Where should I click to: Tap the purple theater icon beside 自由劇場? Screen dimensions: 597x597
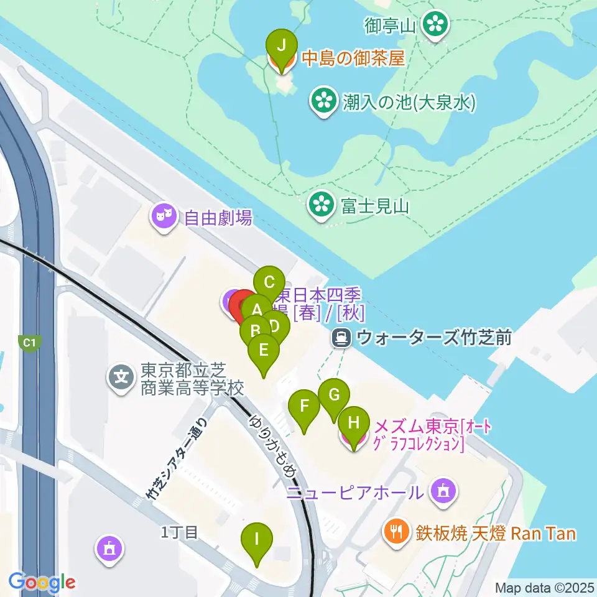pyautogui.click(x=164, y=217)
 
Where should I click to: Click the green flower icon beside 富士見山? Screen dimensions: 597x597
pyautogui.click(x=322, y=205)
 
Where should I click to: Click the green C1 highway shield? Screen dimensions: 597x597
pyautogui.click(x=28, y=342)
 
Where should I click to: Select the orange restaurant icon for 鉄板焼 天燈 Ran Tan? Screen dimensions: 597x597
pyautogui.click(x=396, y=533)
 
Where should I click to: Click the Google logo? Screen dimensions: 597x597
pyautogui.click(x=42, y=583)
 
